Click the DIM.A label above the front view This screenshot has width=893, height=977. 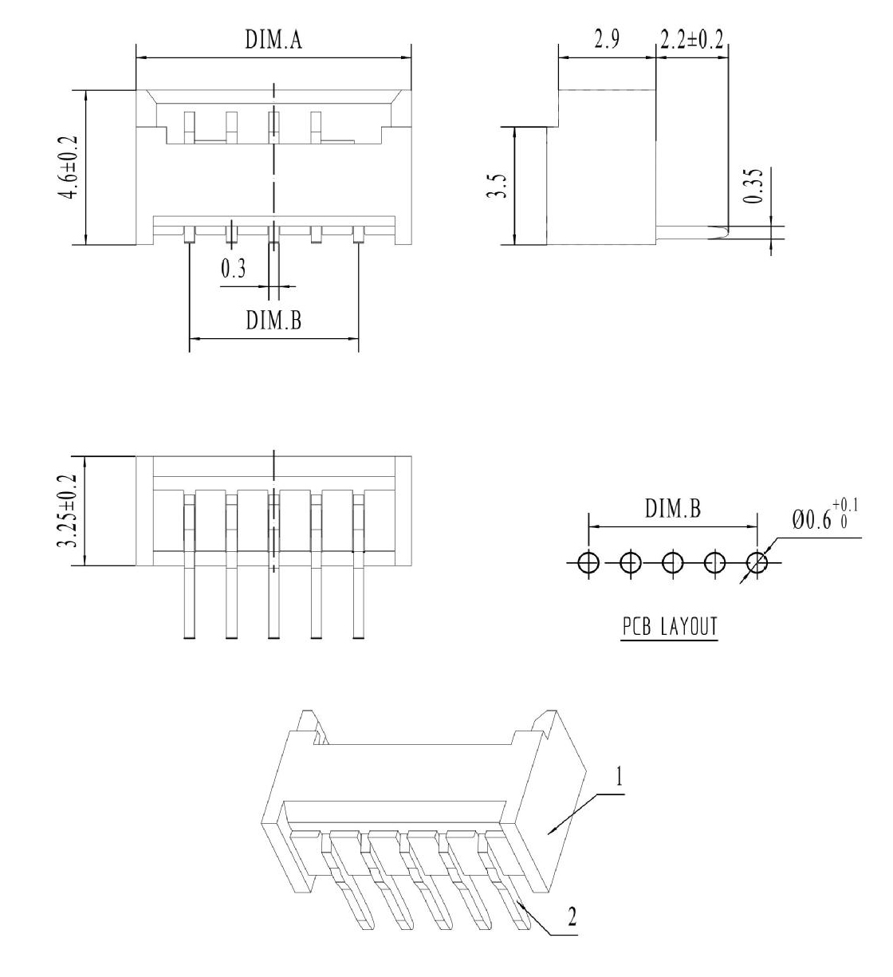point(273,39)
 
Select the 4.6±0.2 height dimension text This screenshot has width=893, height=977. point(67,167)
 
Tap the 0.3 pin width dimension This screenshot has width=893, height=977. point(234,268)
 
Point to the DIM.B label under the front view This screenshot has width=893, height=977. point(273,320)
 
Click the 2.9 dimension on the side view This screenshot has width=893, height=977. point(607,39)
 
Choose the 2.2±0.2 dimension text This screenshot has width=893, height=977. point(691,39)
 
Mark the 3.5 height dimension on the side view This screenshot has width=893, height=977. point(498,185)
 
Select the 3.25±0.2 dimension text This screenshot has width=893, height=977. point(67,510)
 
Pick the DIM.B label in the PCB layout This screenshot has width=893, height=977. point(672,508)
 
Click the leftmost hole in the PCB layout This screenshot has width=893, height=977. point(588,562)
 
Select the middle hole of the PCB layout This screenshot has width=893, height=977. point(672,562)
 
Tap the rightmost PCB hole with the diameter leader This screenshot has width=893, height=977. point(757,562)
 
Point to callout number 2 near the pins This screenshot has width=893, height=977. point(572,916)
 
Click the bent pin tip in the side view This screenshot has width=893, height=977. point(721,232)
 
